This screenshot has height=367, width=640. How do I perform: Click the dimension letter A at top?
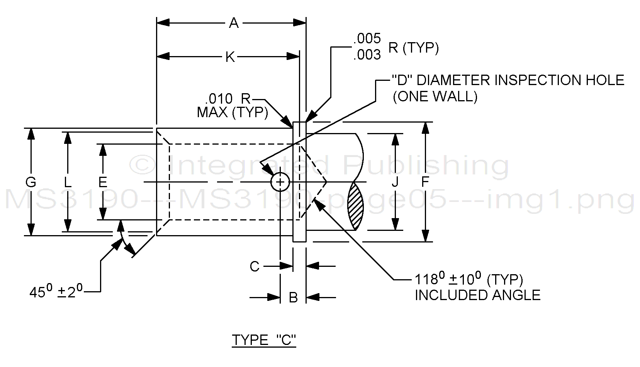click(234, 23)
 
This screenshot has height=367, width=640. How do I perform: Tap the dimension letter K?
click(230, 57)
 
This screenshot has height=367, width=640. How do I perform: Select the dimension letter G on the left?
click(31, 182)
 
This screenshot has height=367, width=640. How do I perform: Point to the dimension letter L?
click(68, 182)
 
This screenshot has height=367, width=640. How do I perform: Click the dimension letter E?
click(102, 182)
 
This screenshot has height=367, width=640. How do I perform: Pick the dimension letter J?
click(395, 182)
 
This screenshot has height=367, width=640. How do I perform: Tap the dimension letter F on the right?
click(425, 182)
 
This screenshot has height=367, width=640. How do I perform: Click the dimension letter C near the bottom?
click(255, 266)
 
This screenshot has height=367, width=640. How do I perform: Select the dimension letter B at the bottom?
click(293, 297)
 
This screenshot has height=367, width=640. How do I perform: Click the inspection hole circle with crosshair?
click(280, 182)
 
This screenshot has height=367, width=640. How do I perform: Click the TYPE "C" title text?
click(264, 340)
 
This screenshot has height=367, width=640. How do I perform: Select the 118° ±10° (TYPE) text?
click(469, 279)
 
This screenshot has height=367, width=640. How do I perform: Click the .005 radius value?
click(367, 38)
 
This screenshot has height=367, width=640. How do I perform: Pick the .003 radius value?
click(367, 55)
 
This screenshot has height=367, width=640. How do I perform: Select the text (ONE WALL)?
click(435, 96)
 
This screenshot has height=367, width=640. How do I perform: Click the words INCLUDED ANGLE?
click(477, 295)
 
